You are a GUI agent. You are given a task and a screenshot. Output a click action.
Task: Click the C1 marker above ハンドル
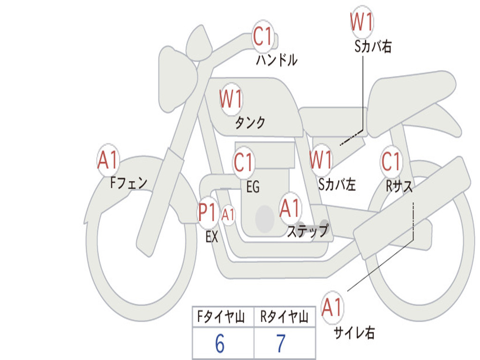[x=262, y=37]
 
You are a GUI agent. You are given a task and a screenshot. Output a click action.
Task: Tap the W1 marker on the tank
[x=231, y=99]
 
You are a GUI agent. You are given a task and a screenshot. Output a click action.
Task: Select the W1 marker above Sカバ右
[x=361, y=22]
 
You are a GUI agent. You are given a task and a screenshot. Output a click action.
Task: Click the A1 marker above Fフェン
[x=108, y=160]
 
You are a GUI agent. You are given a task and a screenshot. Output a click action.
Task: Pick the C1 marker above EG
[x=243, y=162]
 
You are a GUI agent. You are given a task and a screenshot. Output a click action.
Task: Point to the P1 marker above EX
[x=207, y=212]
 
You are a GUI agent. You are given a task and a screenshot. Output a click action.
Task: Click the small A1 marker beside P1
[x=228, y=215]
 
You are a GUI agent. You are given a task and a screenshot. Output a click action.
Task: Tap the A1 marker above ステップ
[x=289, y=208]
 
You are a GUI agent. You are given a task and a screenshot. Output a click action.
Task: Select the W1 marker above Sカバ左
[x=321, y=160]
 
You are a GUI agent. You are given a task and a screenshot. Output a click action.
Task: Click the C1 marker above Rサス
[x=391, y=161]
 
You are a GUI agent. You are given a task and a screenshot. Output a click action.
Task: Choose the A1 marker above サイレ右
[x=331, y=307]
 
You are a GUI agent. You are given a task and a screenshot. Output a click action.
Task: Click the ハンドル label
[x=277, y=60]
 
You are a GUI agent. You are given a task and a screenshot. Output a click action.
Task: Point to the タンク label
[x=250, y=122]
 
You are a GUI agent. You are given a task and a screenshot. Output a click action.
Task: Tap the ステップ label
[x=308, y=231]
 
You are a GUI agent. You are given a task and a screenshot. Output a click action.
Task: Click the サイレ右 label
[x=354, y=332]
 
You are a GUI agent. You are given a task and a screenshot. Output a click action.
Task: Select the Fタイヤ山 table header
[x=221, y=317]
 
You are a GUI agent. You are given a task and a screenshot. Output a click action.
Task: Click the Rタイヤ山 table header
[x=284, y=317]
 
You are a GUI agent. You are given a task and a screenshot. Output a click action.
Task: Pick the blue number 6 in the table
[x=220, y=344]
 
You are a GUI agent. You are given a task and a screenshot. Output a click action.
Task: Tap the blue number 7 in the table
[x=281, y=344]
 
